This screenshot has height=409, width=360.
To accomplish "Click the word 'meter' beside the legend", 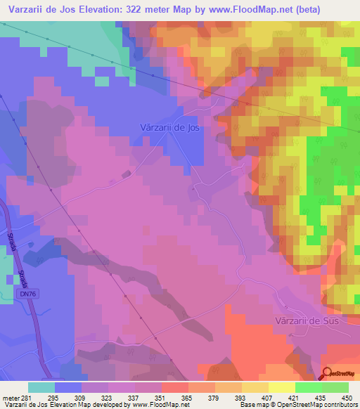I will [11, 396].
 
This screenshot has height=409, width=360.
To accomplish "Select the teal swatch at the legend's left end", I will [41, 387].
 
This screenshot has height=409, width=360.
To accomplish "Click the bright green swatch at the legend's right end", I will [335, 387].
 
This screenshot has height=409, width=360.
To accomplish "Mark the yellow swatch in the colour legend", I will [281, 387].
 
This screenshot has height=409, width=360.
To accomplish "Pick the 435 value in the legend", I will [322, 396].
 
